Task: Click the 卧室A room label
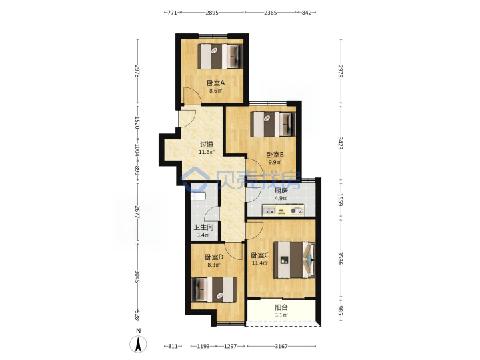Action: click(216, 83)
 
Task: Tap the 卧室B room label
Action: click(275, 155)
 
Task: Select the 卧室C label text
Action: click(260, 255)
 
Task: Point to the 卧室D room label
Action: click(214, 257)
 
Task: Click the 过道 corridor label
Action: click(207, 144)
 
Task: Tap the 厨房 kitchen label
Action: click(281, 191)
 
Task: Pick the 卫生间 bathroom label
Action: click(203, 227)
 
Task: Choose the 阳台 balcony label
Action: click(281, 307)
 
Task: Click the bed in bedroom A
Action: click(221, 56)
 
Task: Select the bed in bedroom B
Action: click(273, 124)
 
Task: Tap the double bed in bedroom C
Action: click(294, 260)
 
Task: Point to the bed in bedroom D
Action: click(214, 289)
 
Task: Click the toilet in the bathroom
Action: click(198, 196)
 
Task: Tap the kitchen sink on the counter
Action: click(270, 211)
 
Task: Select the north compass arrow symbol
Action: click(139, 344)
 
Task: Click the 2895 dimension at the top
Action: click(212, 13)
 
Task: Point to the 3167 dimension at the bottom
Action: click(281, 346)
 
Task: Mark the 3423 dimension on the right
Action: click(341, 143)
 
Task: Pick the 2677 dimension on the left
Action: click(137, 212)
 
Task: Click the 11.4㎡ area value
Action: click(260, 263)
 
